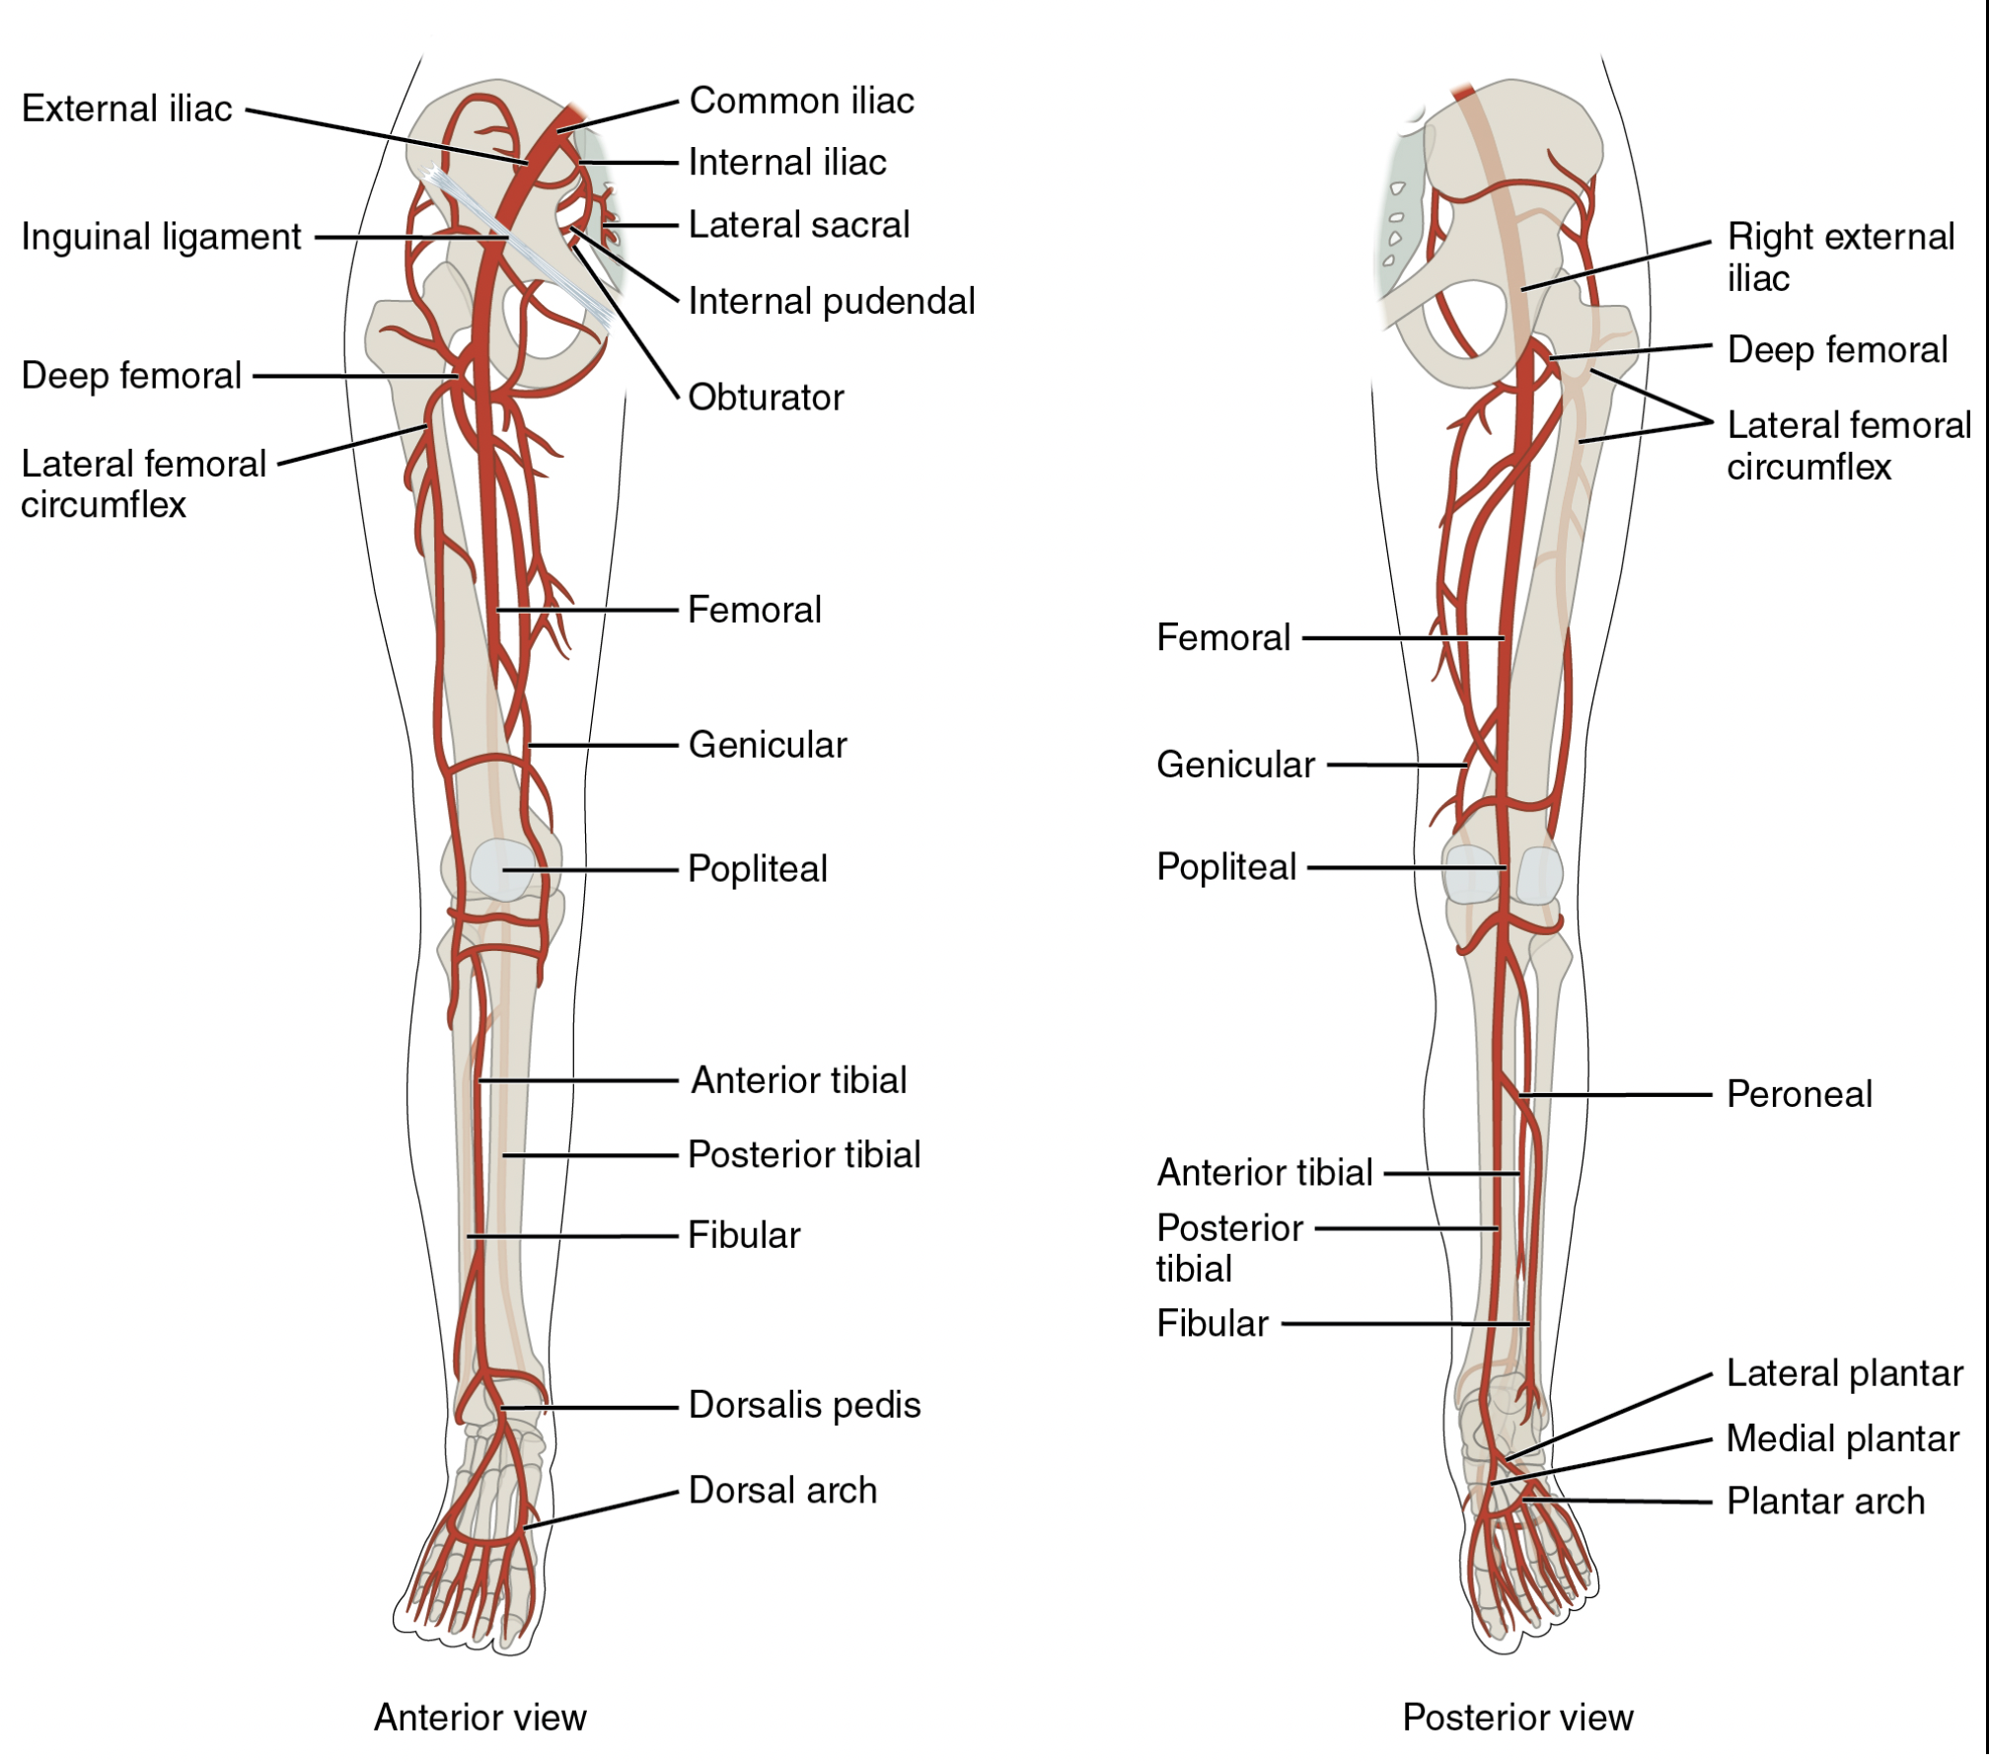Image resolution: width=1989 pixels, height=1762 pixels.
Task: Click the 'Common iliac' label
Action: (801, 101)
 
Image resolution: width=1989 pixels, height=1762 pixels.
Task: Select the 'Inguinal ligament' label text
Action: (161, 238)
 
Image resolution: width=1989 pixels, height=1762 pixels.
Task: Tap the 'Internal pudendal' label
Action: (832, 302)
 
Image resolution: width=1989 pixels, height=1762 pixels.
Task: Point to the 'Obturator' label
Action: (766, 398)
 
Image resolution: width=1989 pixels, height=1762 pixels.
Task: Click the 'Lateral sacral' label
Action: (799, 225)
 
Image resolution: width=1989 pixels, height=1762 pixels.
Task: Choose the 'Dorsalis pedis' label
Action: (804, 1405)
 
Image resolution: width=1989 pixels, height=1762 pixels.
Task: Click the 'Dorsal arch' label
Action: (782, 1490)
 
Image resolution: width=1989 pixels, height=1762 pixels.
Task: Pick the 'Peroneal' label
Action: (1799, 1094)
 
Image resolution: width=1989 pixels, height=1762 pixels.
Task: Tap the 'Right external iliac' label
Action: (1841, 257)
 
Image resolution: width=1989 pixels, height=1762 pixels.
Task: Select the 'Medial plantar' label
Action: (1842, 1438)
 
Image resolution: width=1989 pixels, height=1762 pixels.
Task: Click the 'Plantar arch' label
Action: (1825, 1502)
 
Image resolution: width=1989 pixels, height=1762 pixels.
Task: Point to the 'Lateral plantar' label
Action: (1844, 1373)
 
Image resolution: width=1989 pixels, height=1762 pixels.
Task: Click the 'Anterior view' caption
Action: (479, 1718)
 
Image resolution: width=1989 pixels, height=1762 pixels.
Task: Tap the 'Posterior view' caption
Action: (1517, 1718)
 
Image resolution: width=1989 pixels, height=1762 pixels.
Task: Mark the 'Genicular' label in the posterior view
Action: (1235, 766)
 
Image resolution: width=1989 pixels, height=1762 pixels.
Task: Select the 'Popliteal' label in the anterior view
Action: (757, 869)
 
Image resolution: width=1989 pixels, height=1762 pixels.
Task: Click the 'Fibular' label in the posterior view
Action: (1212, 1324)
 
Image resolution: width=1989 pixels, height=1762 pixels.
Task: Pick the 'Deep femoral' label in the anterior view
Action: (131, 376)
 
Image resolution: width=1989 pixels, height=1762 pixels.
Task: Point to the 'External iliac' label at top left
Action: (126, 109)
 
